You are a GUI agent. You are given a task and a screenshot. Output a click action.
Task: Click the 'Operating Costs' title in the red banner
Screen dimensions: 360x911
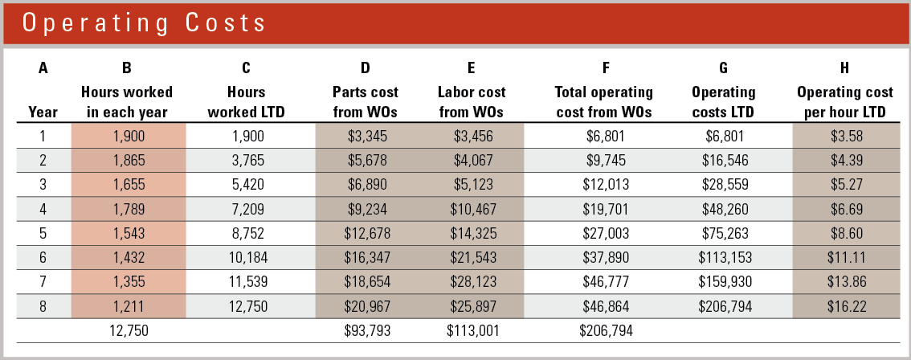point(144,22)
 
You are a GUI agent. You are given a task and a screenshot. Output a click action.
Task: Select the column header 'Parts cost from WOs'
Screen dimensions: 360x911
point(366,102)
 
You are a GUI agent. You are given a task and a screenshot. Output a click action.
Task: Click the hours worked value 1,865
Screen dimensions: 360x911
point(129,160)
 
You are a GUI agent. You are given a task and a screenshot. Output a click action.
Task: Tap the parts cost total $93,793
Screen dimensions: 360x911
point(366,329)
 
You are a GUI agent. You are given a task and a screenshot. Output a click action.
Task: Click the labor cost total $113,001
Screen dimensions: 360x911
point(471,329)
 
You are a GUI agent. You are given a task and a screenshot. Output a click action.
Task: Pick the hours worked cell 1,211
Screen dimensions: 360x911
point(129,306)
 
